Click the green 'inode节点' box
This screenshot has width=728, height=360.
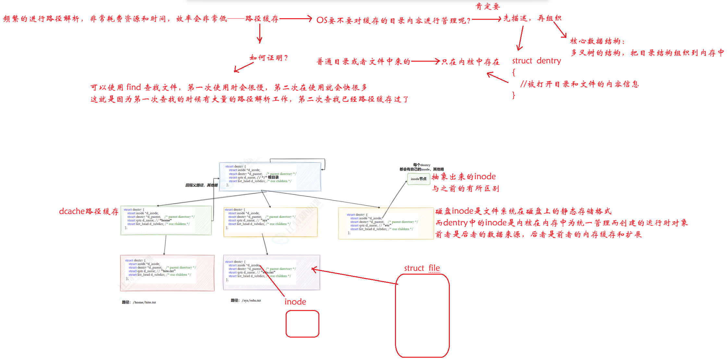pos(418,179)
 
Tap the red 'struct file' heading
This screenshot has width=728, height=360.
pos(422,268)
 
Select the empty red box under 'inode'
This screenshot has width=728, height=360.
pos(302,324)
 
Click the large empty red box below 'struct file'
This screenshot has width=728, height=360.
pos(422,316)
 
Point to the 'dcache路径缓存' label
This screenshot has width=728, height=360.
pos(89,211)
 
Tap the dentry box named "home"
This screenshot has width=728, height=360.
pos(166,220)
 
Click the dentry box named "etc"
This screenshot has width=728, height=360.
pos(386,223)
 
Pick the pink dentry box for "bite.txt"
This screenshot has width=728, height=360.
pos(167,273)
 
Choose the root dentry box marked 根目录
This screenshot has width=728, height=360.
pos(270,177)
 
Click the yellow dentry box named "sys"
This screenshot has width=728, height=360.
pos(270,222)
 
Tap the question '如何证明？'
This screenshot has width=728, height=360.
pos(268,58)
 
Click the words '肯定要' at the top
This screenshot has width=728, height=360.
pos(487,6)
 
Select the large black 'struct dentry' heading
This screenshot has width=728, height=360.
pos(537,61)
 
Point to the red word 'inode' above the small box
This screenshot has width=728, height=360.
pos(295,302)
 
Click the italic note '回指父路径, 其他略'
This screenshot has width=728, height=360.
pos(201,185)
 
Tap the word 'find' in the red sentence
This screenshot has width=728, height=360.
pos(133,87)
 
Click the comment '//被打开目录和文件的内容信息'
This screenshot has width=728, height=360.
pos(579,84)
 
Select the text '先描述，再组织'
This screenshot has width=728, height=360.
pos(532,18)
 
